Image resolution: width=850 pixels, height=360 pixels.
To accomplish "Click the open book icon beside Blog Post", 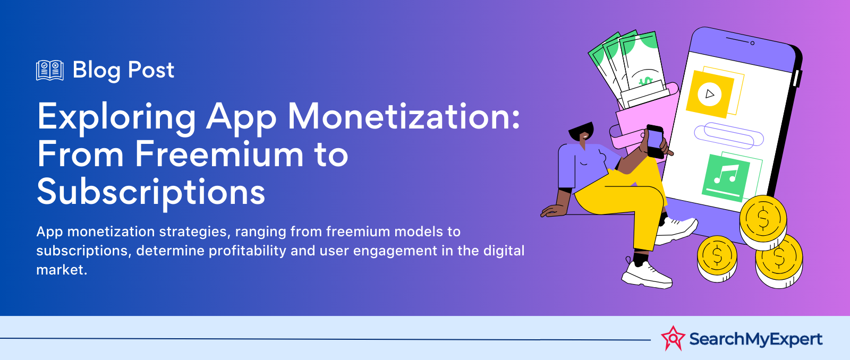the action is (50, 70).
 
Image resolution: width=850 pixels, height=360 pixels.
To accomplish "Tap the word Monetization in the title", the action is (403, 117).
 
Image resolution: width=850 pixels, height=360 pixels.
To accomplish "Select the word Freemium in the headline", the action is (219, 154).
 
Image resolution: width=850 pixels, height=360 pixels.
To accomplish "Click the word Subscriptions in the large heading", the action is (151, 192).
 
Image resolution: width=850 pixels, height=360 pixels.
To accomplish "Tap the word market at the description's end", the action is (62, 270).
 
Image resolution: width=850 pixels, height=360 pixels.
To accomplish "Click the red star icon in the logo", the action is (673, 338).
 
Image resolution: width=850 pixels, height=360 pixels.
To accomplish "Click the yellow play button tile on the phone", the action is (710, 93).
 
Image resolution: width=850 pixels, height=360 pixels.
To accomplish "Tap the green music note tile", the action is (726, 177).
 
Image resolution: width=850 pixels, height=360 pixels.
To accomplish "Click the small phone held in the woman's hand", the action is (655, 141).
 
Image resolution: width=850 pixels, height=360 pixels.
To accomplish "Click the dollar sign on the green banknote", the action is (645, 81).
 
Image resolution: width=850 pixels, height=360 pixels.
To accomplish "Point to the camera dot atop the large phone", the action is (752, 43).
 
